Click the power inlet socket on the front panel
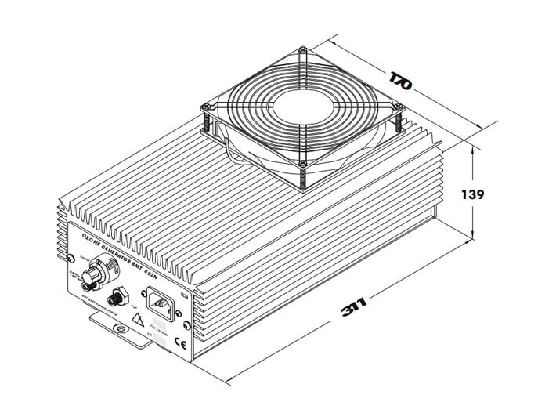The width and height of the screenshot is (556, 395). point(160,302)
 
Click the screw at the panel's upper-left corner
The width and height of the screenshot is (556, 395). point(71,258)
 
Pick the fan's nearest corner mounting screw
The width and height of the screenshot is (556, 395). point(301,164)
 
